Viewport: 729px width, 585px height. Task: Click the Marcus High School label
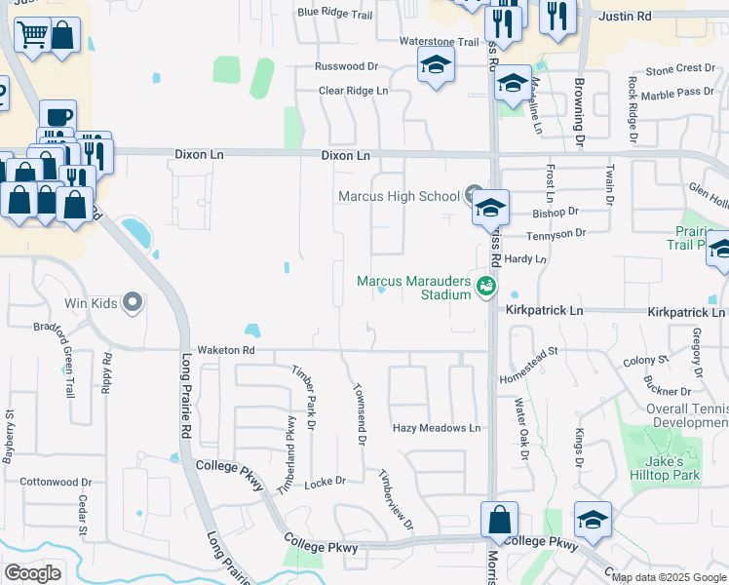[x=398, y=196]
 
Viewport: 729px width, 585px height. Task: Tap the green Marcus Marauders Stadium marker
[x=486, y=287]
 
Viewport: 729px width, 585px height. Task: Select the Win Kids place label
[x=93, y=303]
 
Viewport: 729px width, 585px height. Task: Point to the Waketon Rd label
[x=225, y=350]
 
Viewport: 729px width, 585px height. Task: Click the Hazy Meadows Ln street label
[x=437, y=428]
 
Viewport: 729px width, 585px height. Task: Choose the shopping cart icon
[x=32, y=36]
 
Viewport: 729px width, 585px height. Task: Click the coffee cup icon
[x=58, y=117]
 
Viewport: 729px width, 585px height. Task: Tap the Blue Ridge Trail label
[x=335, y=13]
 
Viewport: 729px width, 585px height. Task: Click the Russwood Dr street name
[x=345, y=67]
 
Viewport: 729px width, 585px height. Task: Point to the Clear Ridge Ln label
[x=353, y=91]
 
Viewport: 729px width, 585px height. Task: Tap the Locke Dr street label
[x=326, y=482]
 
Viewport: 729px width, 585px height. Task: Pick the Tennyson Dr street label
[x=556, y=233]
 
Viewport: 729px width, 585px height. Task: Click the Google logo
[x=32, y=572]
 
